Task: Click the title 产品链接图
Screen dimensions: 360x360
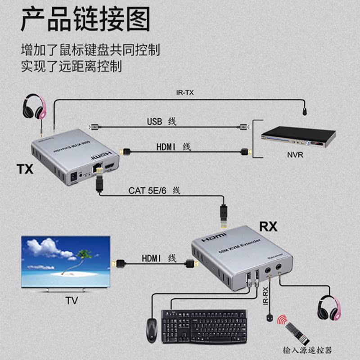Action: click(x=85, y=21)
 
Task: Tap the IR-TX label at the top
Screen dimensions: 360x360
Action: click(x=184, y=93)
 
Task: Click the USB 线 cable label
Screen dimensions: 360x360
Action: click(x=162, y=121)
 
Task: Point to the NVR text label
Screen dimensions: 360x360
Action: click(x=295, y=156)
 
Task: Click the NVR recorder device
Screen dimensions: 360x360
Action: click(x=298, y=137)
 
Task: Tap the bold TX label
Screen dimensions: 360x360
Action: click(x=25, y=169)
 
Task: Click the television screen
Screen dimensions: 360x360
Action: click(x=66, y=261)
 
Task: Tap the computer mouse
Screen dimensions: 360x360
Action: click(x=151, y=330)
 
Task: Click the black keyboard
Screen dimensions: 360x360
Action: click(x=204, y=325)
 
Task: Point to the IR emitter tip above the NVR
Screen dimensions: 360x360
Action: click(x=305, y=110)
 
